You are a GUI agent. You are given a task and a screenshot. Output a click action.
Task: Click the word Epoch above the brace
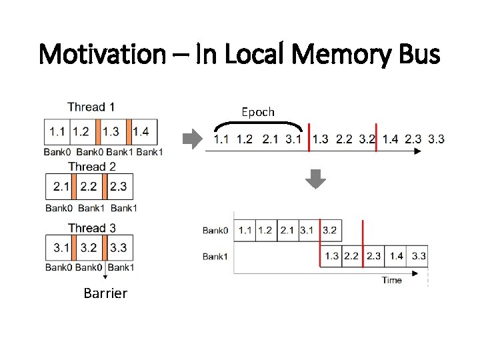click(257, 112)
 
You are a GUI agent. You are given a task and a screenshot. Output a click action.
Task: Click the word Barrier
click(105, 293)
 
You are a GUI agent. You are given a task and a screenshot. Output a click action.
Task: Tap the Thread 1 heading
click(91, 107)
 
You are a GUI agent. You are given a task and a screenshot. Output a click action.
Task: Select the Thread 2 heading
click(91, 167)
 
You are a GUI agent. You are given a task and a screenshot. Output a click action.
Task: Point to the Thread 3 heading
click(91, 228)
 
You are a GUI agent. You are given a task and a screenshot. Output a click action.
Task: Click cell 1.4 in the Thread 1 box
click(141, 132)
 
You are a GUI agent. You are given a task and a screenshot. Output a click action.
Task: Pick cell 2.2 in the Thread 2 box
click(89, 187)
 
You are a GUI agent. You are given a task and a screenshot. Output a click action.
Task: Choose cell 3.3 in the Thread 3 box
click(118, 248)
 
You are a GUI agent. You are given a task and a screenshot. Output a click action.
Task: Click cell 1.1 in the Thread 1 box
click(57, 132)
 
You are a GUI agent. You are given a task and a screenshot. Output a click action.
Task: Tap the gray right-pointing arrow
click(192, 139)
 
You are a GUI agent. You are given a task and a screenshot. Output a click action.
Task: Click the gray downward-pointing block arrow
click(317, 179)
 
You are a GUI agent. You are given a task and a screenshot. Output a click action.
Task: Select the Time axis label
click(391, 281)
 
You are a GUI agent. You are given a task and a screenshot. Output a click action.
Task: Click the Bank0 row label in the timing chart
click(215, 231)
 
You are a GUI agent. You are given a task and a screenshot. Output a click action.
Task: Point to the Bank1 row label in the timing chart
click(215, 256)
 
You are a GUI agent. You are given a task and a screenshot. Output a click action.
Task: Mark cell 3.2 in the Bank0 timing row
click(329, 231)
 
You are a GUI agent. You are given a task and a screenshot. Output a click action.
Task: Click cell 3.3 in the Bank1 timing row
click(419, 256)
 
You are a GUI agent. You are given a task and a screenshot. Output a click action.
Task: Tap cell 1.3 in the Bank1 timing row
click(331, 256)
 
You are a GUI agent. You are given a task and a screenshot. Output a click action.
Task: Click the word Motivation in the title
click(104, 53)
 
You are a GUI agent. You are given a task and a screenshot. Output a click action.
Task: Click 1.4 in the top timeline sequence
click(391, 139)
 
